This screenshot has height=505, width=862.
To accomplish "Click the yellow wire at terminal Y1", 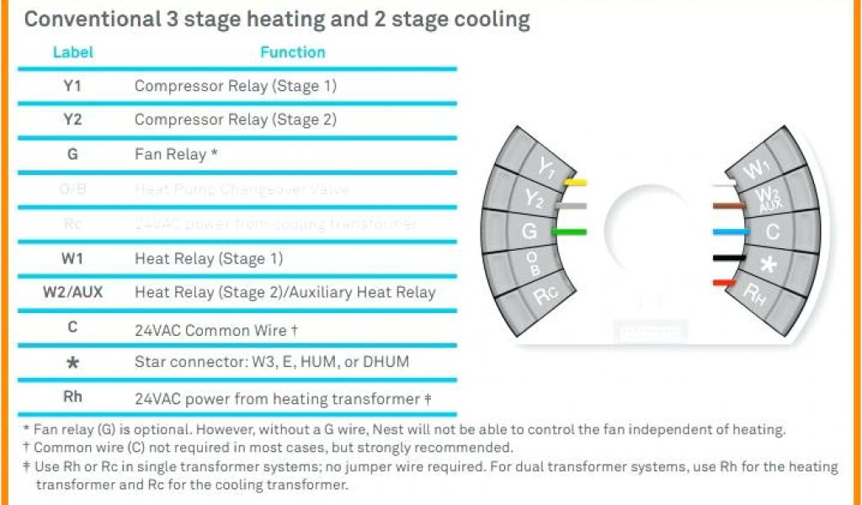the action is (x=575, y=182).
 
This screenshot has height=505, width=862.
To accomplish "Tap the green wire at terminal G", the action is (x=569, y=231).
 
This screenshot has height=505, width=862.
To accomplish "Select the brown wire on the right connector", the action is (x=728, y=205).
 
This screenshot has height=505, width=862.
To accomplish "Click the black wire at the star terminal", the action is (x=726, y=257).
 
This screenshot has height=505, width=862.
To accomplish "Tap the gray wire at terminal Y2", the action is (x=573, y=205).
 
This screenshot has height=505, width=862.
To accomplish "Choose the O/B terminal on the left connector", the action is (x=533, y=263).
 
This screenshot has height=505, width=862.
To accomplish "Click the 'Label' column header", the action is (x=73, y=52).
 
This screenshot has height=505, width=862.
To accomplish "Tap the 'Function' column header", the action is (x=292, y=52).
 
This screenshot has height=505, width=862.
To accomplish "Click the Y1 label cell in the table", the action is (x=72, y=86).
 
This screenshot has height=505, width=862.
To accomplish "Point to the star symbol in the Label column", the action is (x=72, y=363).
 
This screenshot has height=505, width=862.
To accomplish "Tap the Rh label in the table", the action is (x=72, y=397).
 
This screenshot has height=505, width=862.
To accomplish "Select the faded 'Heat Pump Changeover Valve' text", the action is (x=242, y=189).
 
